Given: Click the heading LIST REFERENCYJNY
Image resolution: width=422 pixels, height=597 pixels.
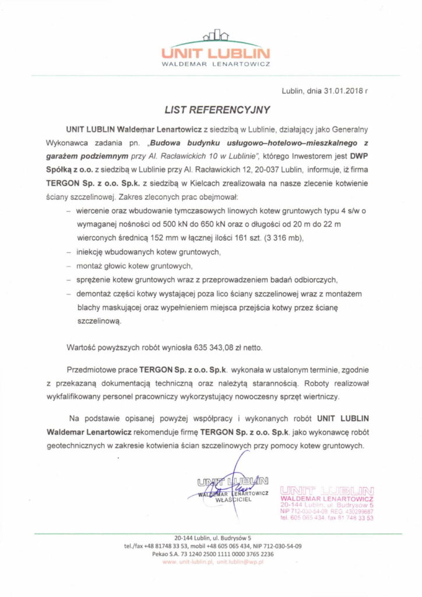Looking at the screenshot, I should [210, 108].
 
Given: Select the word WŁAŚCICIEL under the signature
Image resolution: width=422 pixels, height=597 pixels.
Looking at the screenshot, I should [233, 500].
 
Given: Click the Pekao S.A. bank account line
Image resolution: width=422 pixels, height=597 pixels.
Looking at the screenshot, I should [210, 553].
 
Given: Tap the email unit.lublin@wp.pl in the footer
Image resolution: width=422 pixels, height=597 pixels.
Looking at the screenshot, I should [238, 561].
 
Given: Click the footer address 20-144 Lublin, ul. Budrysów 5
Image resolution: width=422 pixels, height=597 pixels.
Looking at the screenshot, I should [210, 538].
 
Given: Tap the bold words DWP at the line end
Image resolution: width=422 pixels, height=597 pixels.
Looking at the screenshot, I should [357, 156].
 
